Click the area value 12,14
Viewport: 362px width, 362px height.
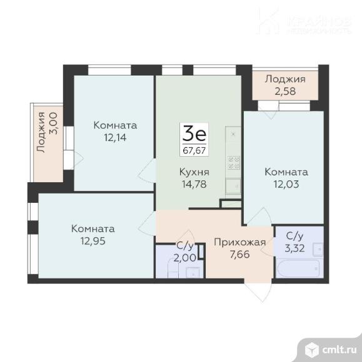click(115, 137)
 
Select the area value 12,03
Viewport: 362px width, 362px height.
click(286, 184)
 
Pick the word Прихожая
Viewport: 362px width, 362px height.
click(240, 242)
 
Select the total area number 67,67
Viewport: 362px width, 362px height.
click(194, 150)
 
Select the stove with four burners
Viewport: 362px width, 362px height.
click(234, 162)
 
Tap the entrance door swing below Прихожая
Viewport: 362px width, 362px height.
click(255, 288)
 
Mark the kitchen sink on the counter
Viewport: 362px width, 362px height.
click(233, 185)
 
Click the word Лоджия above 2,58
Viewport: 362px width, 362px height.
click(284, 79)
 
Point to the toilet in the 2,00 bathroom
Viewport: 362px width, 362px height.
click(194, 272)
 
